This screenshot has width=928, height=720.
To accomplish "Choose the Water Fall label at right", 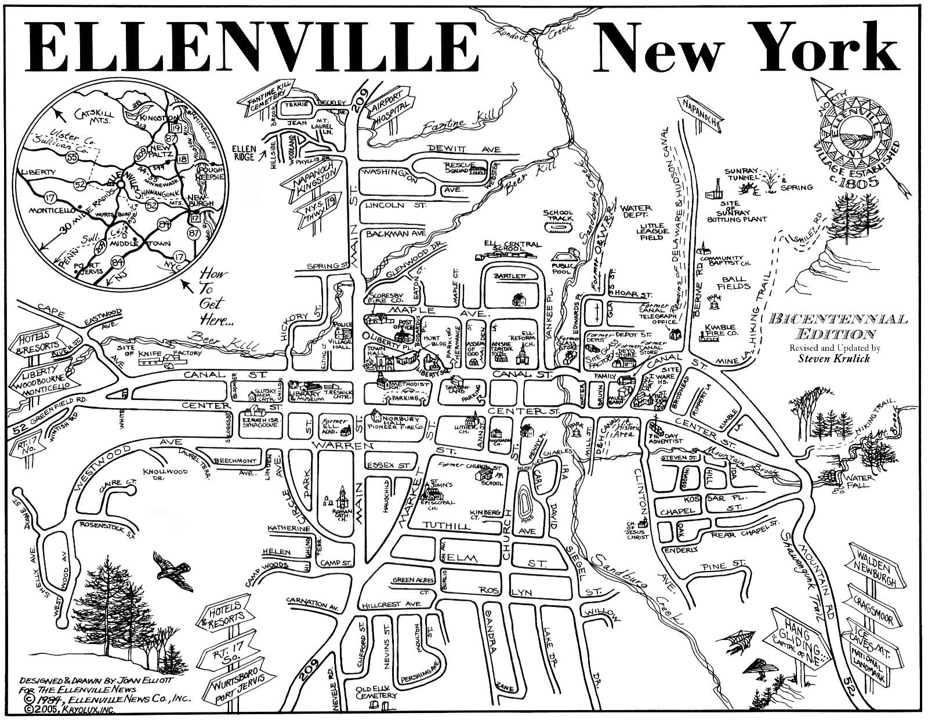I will click(857, 482).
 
